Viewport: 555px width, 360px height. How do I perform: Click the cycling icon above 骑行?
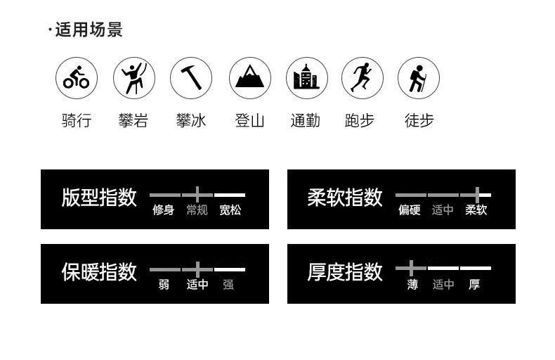pyautogui.click(x=77, y=78)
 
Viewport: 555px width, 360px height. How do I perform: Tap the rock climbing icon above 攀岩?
pyautogui.click(x=133, y=78)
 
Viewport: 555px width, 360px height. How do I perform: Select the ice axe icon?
pyautogui.click(x=191, y=78)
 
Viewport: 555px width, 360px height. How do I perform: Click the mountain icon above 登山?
pyautogui.click(x=249, y=78)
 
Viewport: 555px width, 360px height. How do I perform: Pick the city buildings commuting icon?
pyautogui.click(x=306, y=78)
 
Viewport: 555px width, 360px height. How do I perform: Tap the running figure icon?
pyautogui.click(x=363, y=78)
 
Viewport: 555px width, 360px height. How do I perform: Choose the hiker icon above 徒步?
pyautogui.click(x=419, y=78)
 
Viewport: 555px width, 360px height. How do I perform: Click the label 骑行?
pyautogui.click(x=77, y=120)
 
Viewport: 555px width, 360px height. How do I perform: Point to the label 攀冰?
pyautogui.click(x=191, y=120)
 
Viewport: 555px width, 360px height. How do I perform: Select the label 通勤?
pyautogui.click(x=306, y=120)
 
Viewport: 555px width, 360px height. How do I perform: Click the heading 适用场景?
pyautogui.click(x=89, y=30)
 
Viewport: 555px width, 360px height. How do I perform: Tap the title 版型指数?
pyautogui.click(x=99, y=198)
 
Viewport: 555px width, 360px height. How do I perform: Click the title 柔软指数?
pyautogui.click(x=345, y=198)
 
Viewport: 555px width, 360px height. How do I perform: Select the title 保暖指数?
pyautogui.click(x=99, y=272)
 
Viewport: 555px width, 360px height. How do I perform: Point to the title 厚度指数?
pyautogui.click(x=345, y=272)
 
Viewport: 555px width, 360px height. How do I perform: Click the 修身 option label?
pyautogui.click(x=164, y=210)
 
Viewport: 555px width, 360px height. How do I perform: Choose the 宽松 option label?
pyautogui.click(x=230, y=210)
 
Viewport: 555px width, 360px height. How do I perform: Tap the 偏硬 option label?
pyautogui.click(x=410, y=210)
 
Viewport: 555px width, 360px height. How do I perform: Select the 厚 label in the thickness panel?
pyautogui.click(x=475, y=285)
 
